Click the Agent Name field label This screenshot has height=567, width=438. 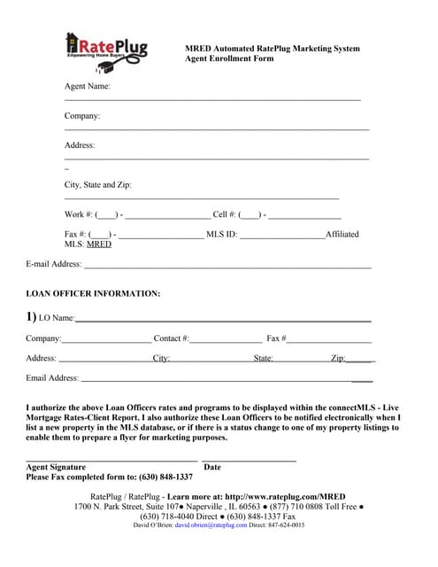(88, 87)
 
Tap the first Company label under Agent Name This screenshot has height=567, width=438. (82, 116)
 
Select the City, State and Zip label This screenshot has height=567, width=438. (98, 185)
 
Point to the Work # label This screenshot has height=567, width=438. (79, 214)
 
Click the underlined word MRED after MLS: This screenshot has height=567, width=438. (99, 244)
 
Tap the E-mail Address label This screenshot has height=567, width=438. (54, 264)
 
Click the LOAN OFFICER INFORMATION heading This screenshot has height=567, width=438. (93, 293)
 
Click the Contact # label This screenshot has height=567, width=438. (172, 338)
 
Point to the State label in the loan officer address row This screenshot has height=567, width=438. (263, 359)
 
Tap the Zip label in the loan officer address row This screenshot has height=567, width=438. (338, 359)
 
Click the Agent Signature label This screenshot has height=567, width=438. (56, 467)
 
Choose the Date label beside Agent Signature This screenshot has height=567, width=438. (212, 467)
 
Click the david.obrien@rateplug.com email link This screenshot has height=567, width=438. (211, 525)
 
